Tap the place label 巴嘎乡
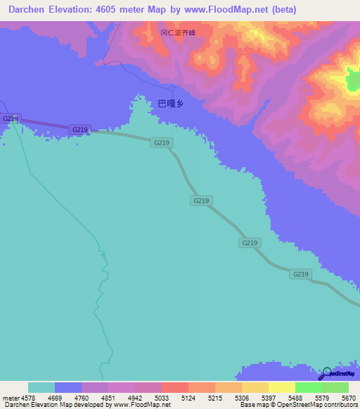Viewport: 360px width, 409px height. pyautogui.click(x=170, y=103)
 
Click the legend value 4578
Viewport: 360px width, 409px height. pyautogui.click(x=28, y=396)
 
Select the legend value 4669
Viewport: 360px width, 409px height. pyautogui.click(x=54, y=396)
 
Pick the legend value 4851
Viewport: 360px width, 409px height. pyautogui.click(x=108, y=396)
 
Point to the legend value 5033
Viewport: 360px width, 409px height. pyautogui.click(x=161, y=396)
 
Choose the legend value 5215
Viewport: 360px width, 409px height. pyautogui.click(x=214, y=396)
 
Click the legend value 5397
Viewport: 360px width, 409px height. pyautogui.click(x=268, y=396)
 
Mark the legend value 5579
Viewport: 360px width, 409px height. pyautogui.click(x=321, y=396)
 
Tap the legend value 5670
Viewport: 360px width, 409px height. pyautogui.click(x=348, y=396)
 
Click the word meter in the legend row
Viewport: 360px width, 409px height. pyautogui.click(x=10, y=396)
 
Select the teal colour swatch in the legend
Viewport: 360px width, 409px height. pyautogui.click(x=41, y=387)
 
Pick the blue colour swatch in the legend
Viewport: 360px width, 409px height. pyautogui.click(x=68, y=387)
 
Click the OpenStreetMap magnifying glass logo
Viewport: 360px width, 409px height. pyautogui.click(x=325, y=374)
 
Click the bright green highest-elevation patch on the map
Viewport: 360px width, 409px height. pyautogui.click(x=352, y=80)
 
